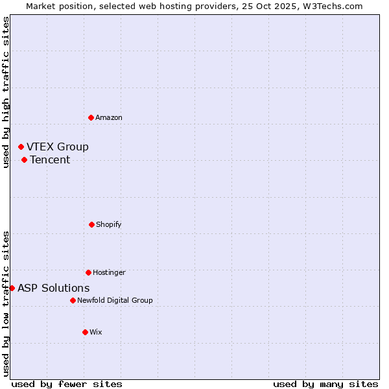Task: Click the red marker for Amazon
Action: point(91,117)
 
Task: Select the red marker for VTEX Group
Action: point(21,147)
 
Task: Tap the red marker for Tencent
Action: point(24,159)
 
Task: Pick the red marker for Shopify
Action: point(91,224)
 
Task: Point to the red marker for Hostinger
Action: point(88,272)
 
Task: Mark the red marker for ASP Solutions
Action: point(12,288)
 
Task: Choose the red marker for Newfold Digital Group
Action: point(73,300)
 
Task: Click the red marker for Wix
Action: point(85,332)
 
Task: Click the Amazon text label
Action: point(109,117)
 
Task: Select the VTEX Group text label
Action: point(58,147)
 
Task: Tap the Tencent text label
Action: point(50,159)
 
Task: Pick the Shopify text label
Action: point(109,224)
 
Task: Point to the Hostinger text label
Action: point(109,272)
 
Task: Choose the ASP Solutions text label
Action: point(54,288)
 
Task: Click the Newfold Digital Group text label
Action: point(115,300)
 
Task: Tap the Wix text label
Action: point(96,332)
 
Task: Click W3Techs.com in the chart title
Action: point(331,6)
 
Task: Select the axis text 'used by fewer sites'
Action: point(67,384)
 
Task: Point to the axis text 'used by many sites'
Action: point(325,384)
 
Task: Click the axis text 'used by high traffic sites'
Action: point(6,93)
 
